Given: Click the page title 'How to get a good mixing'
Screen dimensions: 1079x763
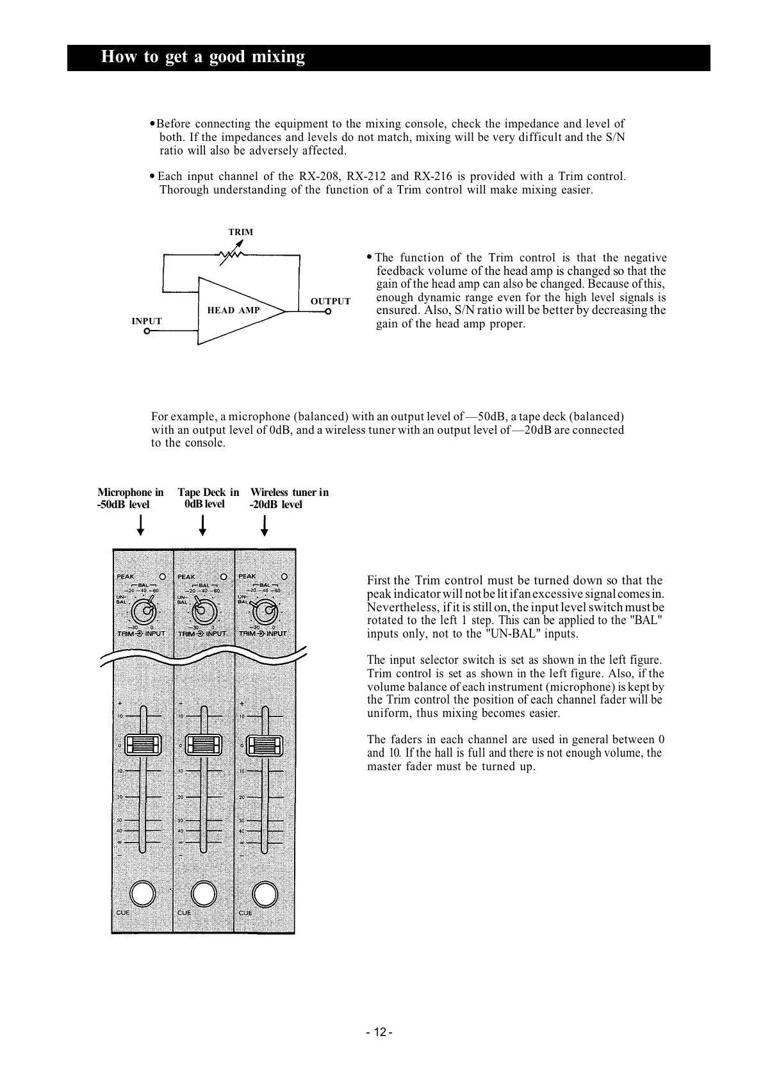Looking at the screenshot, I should click(x=203, y=57).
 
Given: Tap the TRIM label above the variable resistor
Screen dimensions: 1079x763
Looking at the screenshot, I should click(x=241, y=232).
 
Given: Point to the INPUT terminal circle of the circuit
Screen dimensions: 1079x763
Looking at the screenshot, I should click(x=147, y=331).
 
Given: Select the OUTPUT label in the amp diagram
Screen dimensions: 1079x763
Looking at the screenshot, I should click(x=331, y=301).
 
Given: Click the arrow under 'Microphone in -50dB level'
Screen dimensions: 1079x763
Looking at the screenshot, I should click(x=141, y=525).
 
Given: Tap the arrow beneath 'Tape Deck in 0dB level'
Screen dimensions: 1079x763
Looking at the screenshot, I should click(x=202, y=525).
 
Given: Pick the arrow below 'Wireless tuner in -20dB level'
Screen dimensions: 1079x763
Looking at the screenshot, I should click(x=264, y=525).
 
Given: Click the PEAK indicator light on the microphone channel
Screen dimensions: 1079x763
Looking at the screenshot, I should click(x=163, y=576).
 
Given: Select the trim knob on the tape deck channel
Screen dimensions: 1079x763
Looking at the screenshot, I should click(x=203, y=610).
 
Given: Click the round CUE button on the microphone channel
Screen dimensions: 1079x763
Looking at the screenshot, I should click(x=142, y=894).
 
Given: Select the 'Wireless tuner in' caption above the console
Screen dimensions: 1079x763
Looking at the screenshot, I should click(x=289, y=492).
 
